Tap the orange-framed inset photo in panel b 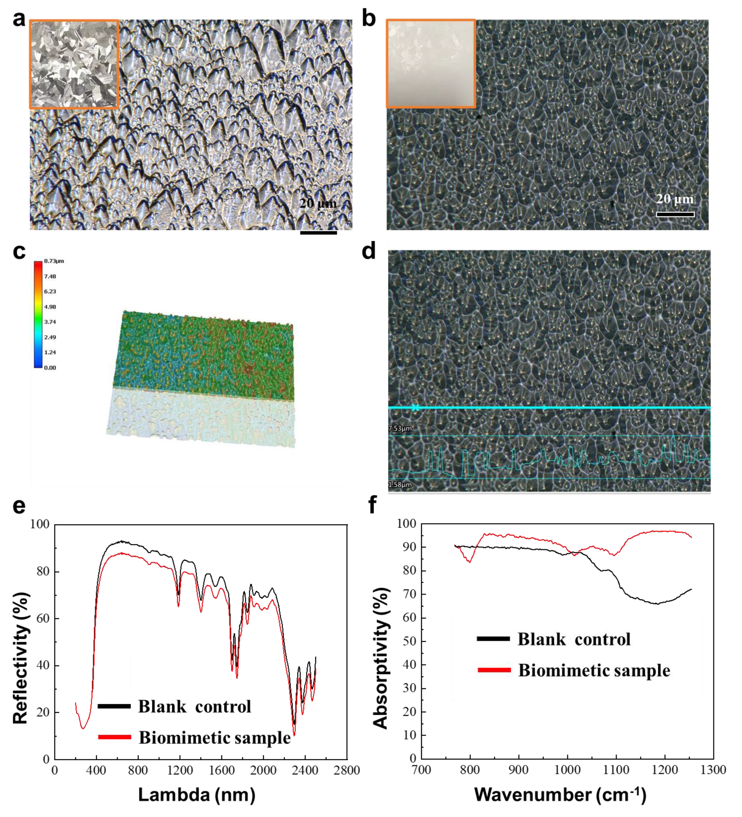[431, 64]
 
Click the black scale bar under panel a [318, 232]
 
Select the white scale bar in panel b [675, 214]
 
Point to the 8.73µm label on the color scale [54, 261]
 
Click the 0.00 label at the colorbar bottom [50, 367]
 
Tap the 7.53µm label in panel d [400, 428]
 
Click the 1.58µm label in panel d [400, 485]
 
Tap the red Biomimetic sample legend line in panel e [114, 737]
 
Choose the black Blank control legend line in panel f [493, 639]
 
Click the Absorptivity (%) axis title [380, 658]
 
